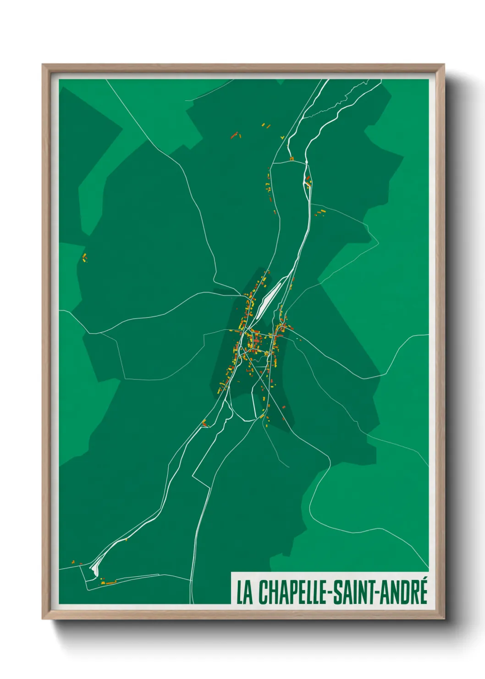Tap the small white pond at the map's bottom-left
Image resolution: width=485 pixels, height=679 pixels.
pyautogui.click(x=95, y=568)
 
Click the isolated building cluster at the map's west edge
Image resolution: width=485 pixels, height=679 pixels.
pyautogui.click(x=84, y=257)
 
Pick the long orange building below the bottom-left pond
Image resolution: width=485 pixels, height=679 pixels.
pyautogui.click(x=110, y=582)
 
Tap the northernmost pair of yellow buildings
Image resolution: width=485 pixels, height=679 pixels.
pyautogui.click(x=265, y=124)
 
